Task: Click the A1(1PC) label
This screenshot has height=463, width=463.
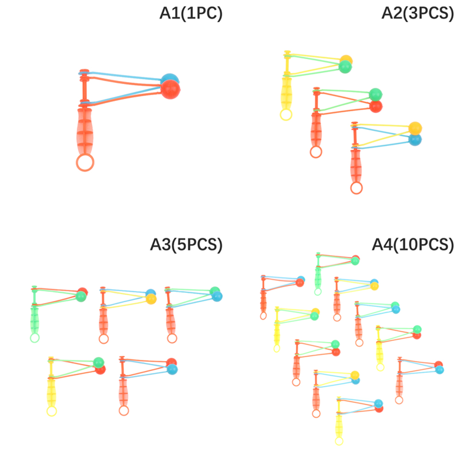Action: point(191,13)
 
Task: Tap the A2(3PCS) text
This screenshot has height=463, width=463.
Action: point(418,13)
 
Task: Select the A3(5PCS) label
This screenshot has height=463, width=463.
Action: point(186,245)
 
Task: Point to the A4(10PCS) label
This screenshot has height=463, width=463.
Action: point(413,245)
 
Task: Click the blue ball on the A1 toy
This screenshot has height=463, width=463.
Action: point(170,79)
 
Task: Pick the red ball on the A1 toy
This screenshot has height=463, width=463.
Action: point(171,89)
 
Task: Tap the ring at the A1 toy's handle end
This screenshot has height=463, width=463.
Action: point(85,162)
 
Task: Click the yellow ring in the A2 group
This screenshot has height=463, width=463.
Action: point(286,115)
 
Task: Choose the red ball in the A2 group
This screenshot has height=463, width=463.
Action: point(376,106)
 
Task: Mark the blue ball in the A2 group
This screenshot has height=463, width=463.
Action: point(415,140)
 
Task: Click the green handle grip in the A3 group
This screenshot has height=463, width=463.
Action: point(35,321)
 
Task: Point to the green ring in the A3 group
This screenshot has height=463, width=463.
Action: point(35,338)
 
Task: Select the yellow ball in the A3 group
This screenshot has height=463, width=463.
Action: point(151,299)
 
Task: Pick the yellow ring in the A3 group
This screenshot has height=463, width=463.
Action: point(51,411)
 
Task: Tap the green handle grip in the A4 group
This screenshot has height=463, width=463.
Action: point(318,278)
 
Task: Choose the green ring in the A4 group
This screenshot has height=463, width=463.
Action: point(318,292)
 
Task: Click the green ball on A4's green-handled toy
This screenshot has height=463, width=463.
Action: point(355,261)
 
